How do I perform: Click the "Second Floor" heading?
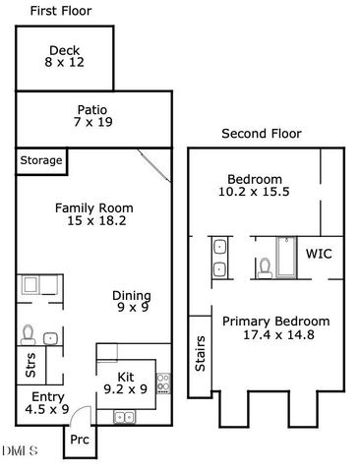[x=261, y=134]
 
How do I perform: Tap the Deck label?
[x=64, y=50]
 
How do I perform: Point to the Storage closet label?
[x=41, y=160]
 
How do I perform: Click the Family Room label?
[x=93, y=208]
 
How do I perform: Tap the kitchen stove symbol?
[x=163, y=380]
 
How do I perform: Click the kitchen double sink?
[x=124, y=417]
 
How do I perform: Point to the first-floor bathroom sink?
[x=50, y=337]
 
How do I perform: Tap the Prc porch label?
[x=80, y=441]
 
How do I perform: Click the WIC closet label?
[x=319, y=254]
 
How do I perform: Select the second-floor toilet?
[x=264, y=265]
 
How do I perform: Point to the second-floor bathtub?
[x=286, y=258]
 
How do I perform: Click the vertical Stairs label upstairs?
[x=200, y=361]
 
